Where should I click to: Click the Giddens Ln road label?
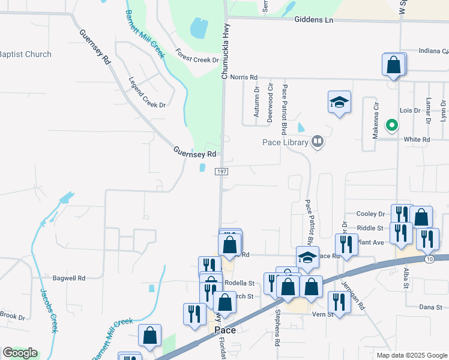tap(313, 20)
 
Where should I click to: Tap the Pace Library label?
tap(285, 142)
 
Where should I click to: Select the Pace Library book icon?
tap(318, 142)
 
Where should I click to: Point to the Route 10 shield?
tap(429, 259)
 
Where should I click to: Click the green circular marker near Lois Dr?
tap(392, 125)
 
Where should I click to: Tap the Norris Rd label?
tap(244, 77)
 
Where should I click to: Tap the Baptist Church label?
tap(26, 55)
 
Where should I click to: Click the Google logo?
tap(20, 353)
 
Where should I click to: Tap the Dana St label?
tap(430, 307)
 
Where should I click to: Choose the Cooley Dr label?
tap(370, 214)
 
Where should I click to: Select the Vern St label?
tap(322, 314)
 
